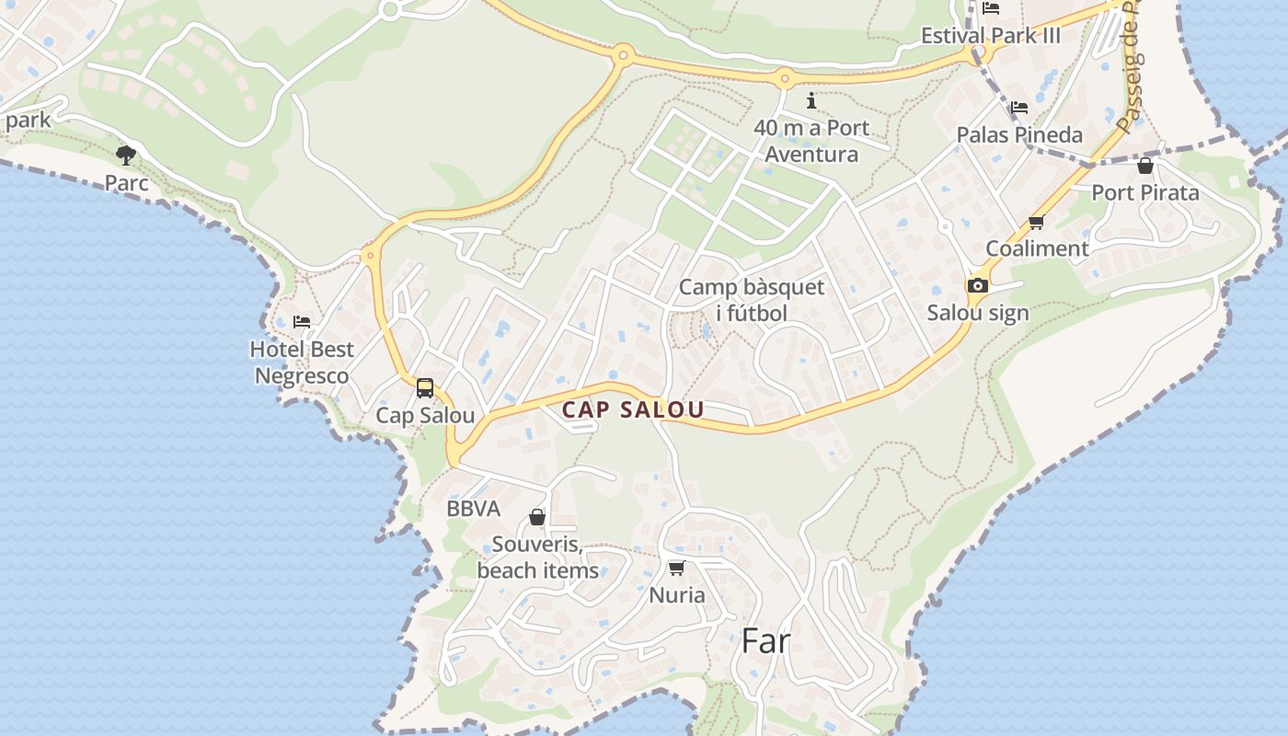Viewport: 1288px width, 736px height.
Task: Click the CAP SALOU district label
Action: [633, 410]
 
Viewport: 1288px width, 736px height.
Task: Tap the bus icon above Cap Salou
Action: [424, 388]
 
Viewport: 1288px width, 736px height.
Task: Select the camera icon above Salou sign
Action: [978, 285]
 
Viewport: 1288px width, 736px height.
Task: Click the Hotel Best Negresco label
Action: [302, 362]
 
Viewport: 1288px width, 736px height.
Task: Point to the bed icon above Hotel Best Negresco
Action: [302, 322]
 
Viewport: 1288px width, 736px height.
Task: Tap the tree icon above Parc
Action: [126, 155]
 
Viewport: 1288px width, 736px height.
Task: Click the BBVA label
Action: [473, 509]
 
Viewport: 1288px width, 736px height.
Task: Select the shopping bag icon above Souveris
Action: [537, 518]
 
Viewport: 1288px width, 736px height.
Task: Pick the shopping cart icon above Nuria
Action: [677, 569]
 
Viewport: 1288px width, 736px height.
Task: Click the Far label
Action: [765, 641]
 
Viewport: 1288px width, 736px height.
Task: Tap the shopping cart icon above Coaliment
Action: [1037, 222]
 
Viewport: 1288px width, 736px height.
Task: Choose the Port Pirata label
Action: [1145, 192]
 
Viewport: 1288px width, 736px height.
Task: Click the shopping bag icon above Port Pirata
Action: [1145, 166]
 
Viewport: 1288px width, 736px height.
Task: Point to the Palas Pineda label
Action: [1019, 135]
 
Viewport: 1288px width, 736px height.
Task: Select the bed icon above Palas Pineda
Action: [1019, 108]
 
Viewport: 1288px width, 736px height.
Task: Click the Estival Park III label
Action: [991, 36]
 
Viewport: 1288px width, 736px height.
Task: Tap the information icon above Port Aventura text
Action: [811, 100]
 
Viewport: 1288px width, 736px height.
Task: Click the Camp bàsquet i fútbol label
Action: [752, 300]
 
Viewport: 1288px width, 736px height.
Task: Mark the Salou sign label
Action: [978, 313]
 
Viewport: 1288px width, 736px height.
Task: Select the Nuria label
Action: [677, 595]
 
